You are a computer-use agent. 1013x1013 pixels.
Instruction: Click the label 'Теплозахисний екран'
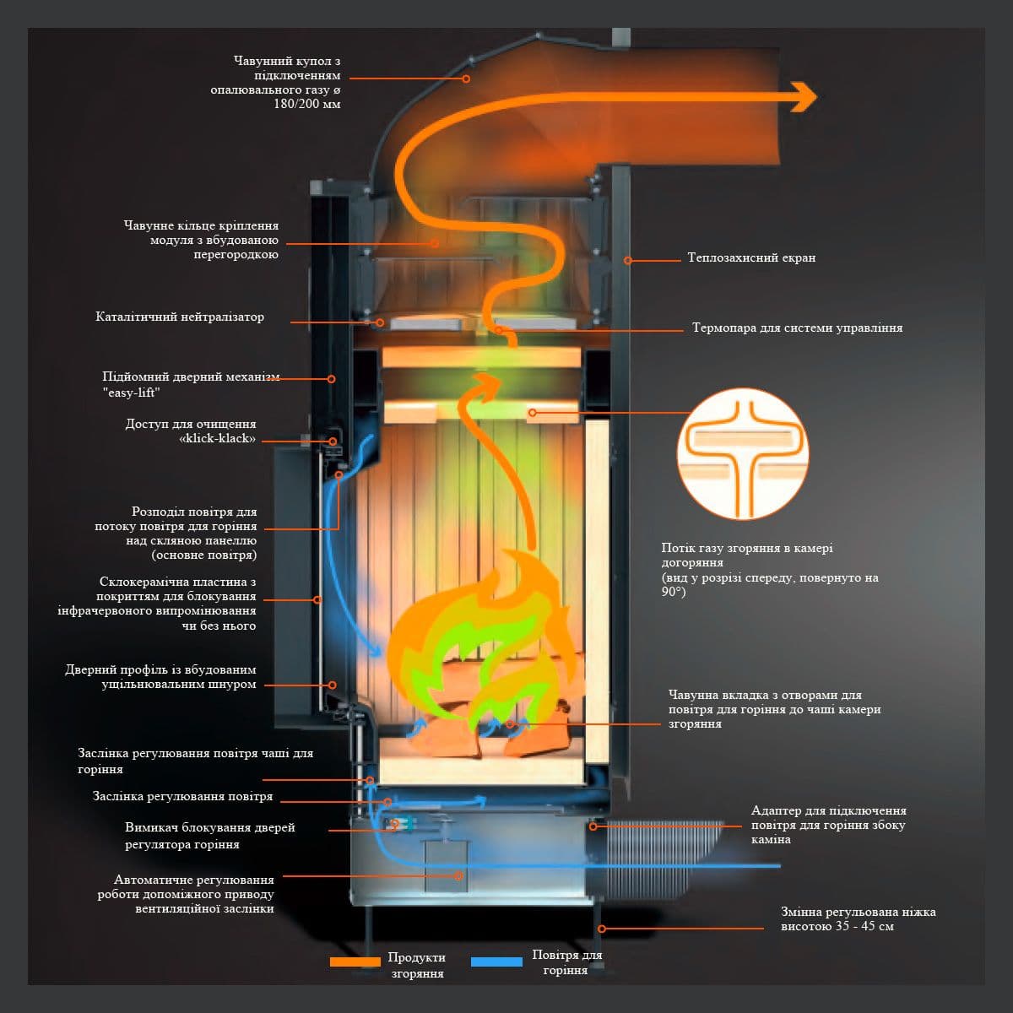point(751,257)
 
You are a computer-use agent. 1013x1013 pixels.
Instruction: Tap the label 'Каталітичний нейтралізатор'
point(180,317)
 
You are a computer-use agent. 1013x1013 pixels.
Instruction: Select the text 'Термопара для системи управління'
point(797,328)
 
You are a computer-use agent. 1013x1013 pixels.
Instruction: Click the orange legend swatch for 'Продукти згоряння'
point(355,962)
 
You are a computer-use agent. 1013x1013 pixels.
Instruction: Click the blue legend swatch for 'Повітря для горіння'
point(496,962)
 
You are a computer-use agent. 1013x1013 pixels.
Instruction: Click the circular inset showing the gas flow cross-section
point(743,453)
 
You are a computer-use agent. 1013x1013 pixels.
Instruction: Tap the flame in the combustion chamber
point(481,642)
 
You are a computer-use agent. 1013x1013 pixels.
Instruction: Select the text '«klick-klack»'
point(218,439)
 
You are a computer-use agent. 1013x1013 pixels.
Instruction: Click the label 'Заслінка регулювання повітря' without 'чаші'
point(182,796)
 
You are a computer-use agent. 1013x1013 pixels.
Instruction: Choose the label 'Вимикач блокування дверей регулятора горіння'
point(210,836)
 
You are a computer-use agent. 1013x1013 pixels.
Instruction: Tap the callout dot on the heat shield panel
point(627,260)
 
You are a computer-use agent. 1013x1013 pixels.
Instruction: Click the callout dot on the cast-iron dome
point(465,79)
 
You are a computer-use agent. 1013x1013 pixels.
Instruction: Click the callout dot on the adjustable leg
point(603,928)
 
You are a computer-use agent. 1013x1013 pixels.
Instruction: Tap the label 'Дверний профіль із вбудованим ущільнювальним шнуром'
point(160,676)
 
